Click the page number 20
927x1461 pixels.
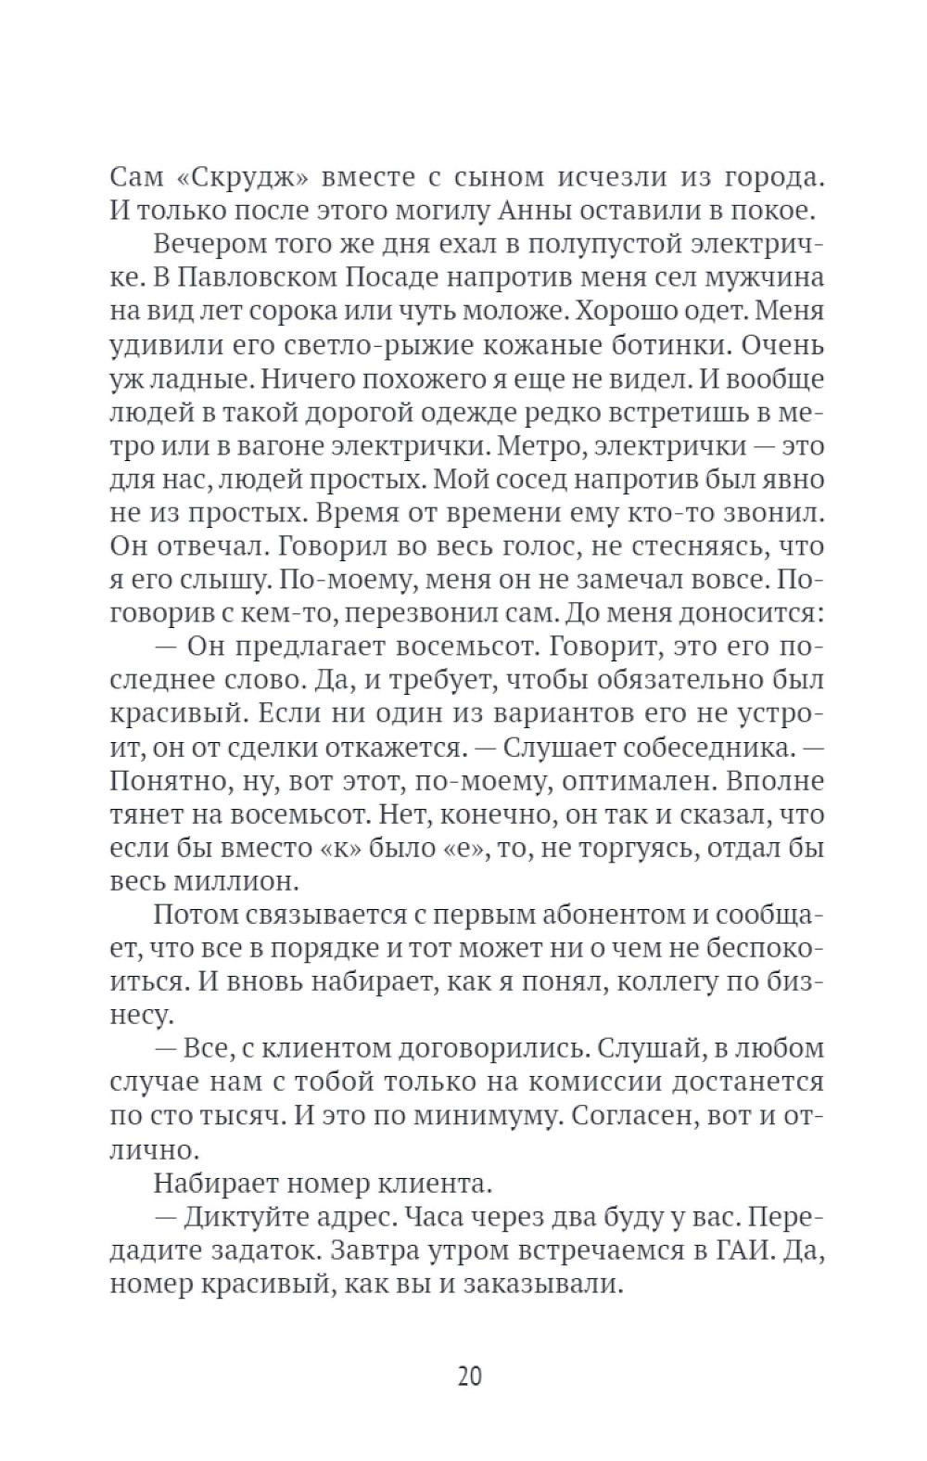(469, 1375)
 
